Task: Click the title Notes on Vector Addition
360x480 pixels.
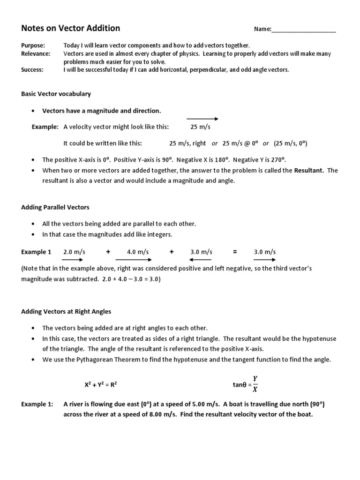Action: (x=71, y=29)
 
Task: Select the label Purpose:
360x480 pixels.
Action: (x=33, y=45)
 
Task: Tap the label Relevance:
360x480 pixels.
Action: (x=36, y=54)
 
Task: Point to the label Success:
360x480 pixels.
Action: (x=32, y=70)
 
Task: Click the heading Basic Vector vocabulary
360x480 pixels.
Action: (x=56, y=94)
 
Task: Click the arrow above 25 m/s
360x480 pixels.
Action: (x=202, y=119)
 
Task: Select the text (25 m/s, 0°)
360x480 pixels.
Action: (x=291, y=143)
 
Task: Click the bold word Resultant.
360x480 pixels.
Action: (x=309, y=171)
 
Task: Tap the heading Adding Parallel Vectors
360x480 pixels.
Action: (x=55, y=207)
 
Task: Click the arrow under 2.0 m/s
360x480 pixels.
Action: (x=73, y=259)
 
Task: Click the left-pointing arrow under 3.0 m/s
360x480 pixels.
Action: (x=201, y=259)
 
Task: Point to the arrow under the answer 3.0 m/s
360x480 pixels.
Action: (x=265, y=259)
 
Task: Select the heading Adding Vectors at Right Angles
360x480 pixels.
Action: (x=66, y=311)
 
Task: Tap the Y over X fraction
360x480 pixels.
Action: (x=255, y=384)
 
